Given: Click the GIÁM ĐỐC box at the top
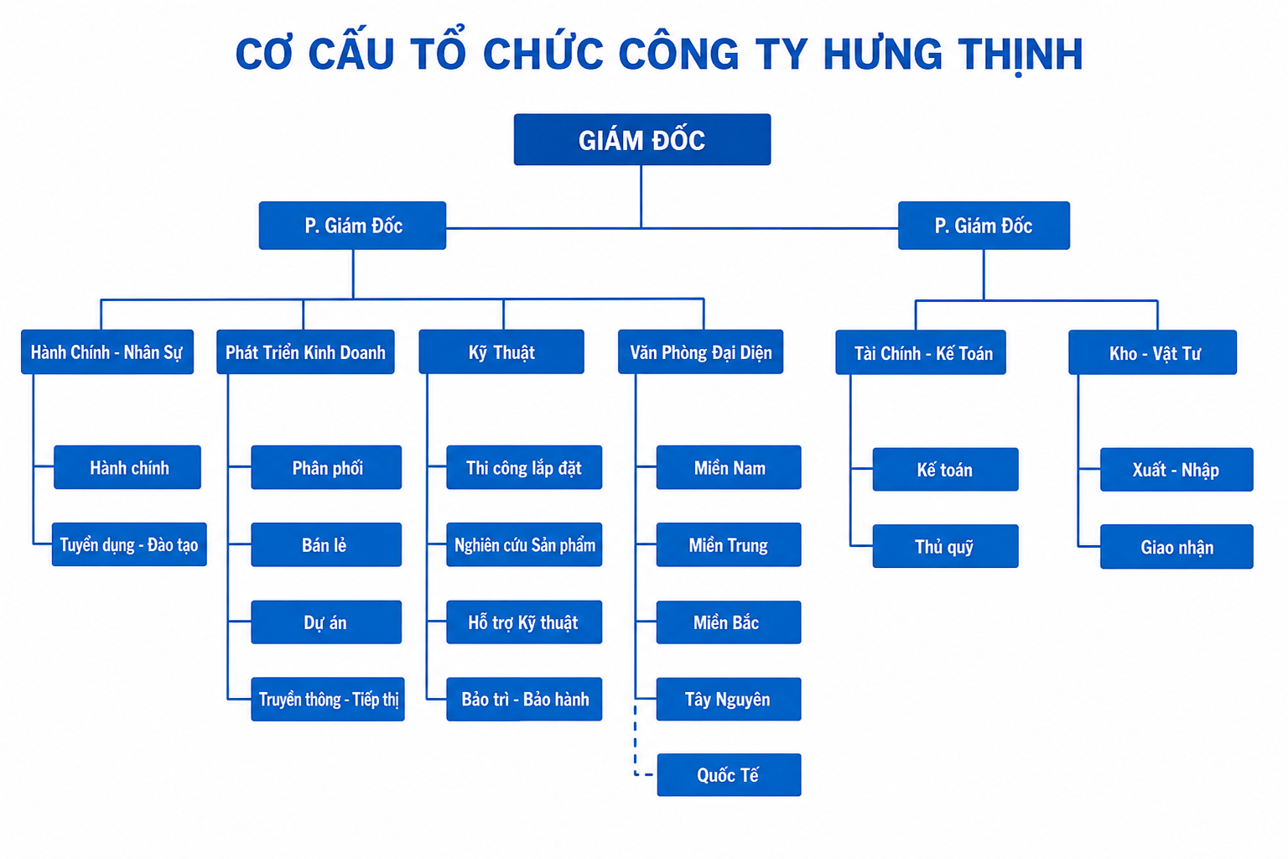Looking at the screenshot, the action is point(641,139).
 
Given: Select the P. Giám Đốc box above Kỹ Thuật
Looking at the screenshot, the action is point(352,225).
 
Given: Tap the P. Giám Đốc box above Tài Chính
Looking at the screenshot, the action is point(984,225).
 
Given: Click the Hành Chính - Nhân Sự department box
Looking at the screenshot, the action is point(107,351).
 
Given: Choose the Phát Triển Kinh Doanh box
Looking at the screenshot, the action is point(305,351).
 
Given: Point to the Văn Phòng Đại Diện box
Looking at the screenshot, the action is point(700,351).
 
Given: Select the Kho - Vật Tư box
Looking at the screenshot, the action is point(1152,352).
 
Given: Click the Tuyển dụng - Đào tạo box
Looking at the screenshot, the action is point(129,544).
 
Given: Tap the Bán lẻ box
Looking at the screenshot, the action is point(326,544).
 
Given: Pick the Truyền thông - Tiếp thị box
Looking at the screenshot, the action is point(328,699).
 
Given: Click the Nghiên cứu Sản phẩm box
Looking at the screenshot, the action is point(524,544).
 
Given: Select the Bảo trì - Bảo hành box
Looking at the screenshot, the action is point(524,699).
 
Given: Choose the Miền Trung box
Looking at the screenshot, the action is point(729,544).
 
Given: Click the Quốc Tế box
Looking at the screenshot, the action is point(729,774).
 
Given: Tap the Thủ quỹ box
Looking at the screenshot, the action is point(945,546).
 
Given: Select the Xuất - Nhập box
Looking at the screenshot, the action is point(1176,470).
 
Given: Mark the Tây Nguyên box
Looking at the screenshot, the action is point(729,699).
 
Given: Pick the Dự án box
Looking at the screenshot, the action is point(326,622).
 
